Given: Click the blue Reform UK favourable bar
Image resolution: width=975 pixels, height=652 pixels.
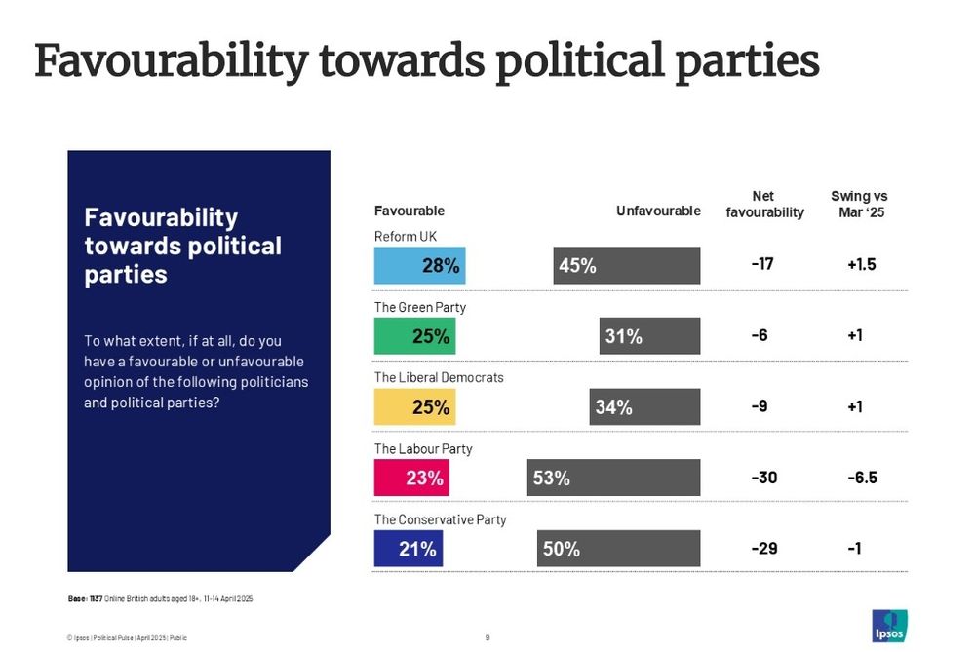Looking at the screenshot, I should coord(419,265).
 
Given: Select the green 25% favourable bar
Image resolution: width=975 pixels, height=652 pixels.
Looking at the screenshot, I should coord(414,336).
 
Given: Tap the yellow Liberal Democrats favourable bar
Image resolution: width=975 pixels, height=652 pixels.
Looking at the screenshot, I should coord(415,407).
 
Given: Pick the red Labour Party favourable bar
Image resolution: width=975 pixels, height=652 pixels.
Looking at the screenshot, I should coord(411,478).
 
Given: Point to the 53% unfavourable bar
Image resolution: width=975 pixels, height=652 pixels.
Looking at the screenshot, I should coord(614,478).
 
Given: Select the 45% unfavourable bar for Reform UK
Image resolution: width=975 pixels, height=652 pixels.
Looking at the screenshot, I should coord(626,265).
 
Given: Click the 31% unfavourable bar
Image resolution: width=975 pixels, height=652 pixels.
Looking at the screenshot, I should coord(649,336).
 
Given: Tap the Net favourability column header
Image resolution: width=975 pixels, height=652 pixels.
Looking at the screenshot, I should coord(764,205).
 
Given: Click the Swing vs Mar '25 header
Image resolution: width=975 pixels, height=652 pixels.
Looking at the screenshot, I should coord(859,205).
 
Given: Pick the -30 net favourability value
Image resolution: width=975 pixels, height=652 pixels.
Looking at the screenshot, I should coord(763,478).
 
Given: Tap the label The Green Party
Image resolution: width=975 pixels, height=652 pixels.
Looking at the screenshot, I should coord(420,307).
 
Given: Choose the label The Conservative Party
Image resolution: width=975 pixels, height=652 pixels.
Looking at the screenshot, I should coord(441,519).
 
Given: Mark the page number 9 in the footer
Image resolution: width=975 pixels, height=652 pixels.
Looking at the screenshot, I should coord(487,638).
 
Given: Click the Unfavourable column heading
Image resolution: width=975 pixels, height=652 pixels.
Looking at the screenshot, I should coord(658,211).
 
